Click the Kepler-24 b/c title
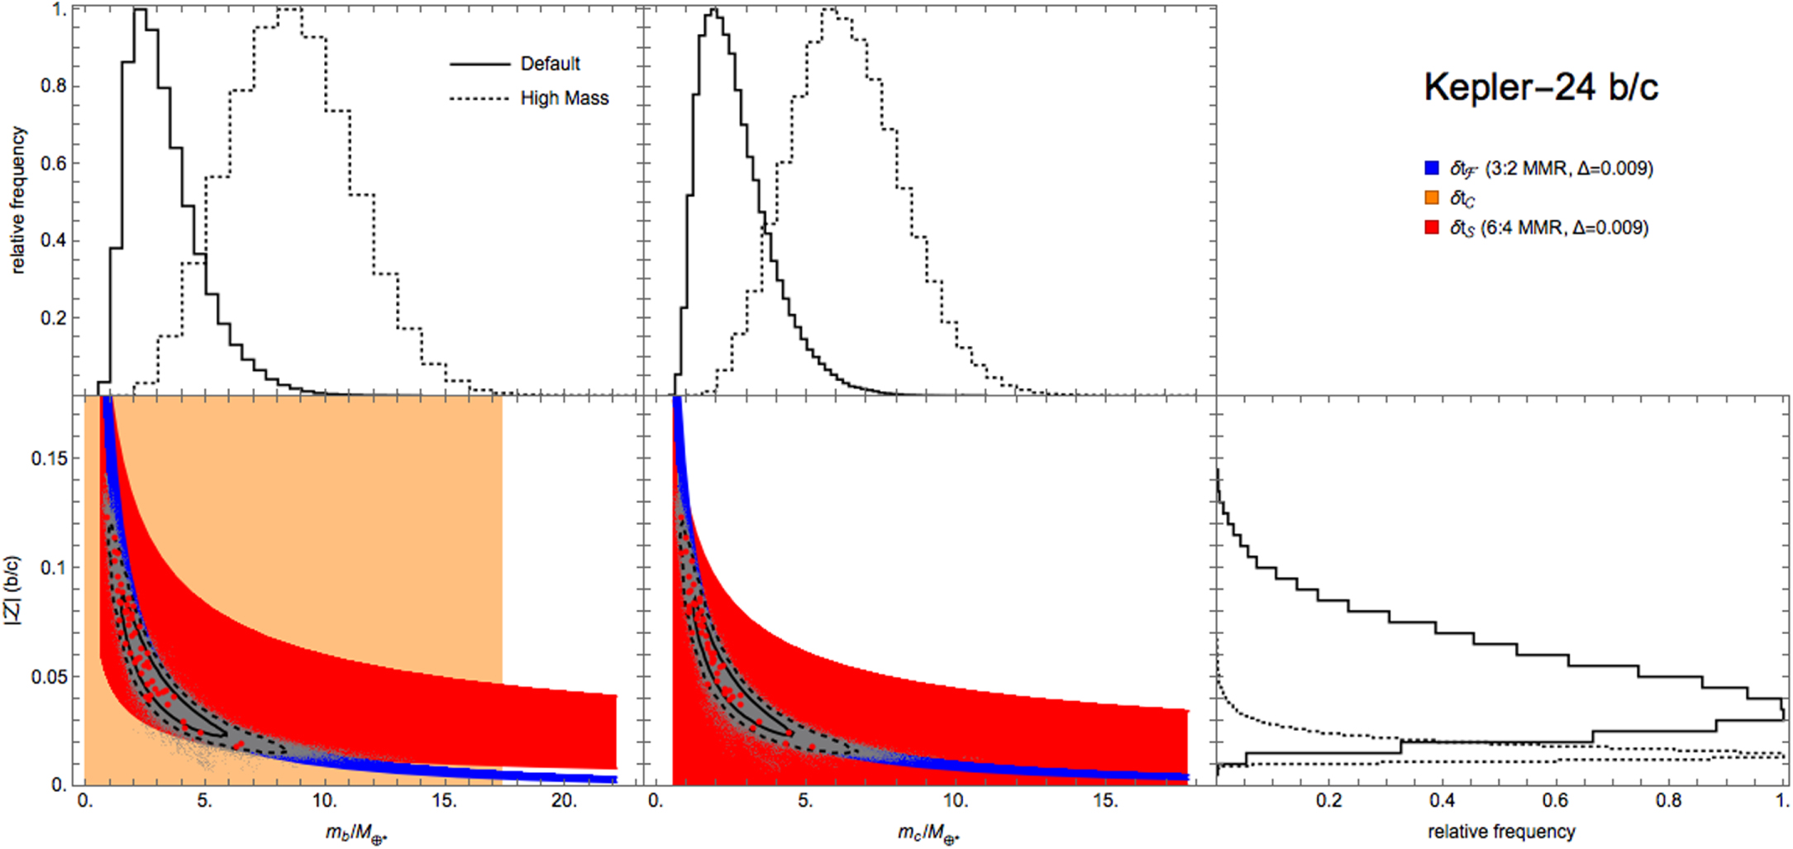pyautogui.click(x=1540, y=87)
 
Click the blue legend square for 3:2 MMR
pyautogui.click(x=1432, y=169)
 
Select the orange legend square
pyautogui.click(x=1432, y=198)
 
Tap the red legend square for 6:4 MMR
pyautogui.click(x=1432, y=227)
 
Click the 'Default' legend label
pyautogui.click(x=550, y=64)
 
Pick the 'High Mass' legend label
pyautogui.click(x=564, y=98)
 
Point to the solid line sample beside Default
pyautogui.click(x=479, y=64)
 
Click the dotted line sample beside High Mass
pyautogui.click(x=479, y=98)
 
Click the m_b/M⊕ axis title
pyautogui.click(x=355, y=832)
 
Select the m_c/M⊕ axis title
pyautogui.click(x=928, y=832)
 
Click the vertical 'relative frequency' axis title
pyautogui.click(x=18, y=200)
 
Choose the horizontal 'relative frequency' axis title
pyautogui.click(x=1501, y=831)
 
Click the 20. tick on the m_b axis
pyautogui.click(x=564, y=800)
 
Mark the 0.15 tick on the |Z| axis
pyautogui.click(x=49, y=458)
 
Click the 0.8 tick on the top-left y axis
pyautogui.click(x=54, y=86)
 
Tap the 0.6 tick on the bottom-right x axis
pyautogui.click(x=1555, y=800)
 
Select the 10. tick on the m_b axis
pyautogui.click(x=324, y=800)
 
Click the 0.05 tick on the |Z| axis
pyautogui.click(x=49, y=677)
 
